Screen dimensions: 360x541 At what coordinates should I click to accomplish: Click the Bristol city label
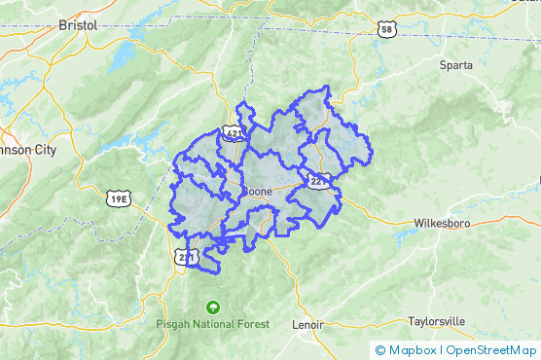(x=78, y=25)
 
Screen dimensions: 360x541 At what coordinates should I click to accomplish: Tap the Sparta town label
(x=454, y=65)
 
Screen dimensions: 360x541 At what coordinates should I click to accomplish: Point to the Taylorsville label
(x=437, y=320)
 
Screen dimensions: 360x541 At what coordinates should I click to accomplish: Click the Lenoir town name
(x=307, y=326)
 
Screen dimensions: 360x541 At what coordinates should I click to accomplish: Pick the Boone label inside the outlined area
(x=257, y=192)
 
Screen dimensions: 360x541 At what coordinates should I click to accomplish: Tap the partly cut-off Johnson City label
(x=27, y=151)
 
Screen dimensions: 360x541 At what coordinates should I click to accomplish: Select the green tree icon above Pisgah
(x=212, y=306)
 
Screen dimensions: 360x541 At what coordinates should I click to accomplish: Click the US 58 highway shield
(x=386, y=30)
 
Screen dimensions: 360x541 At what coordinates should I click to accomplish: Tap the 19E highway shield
(x=118, y=198)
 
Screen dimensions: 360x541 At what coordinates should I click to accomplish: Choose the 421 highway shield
(x=232, y=131)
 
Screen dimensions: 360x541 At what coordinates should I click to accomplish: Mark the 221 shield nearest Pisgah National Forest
(x=188, y=257)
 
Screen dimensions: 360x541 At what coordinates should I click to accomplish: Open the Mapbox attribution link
(x=412, y=349)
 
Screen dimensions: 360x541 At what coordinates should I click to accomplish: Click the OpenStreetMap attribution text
(x=490, y=349)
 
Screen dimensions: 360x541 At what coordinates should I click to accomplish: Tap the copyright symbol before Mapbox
(x=380, y=349)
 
